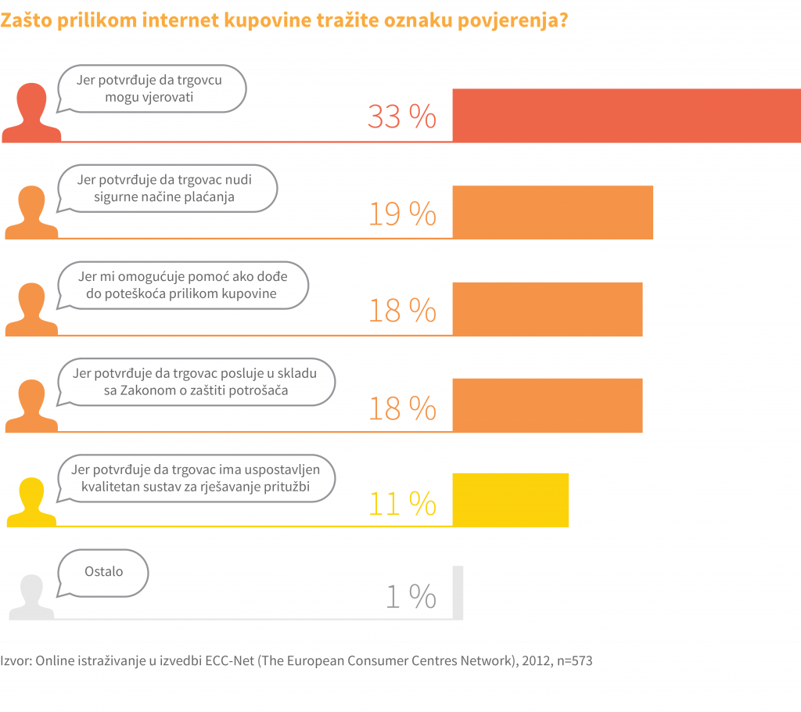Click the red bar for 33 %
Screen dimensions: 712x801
(627, 115)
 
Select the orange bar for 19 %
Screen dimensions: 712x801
(552, 212)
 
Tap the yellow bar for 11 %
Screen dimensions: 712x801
(510, 500)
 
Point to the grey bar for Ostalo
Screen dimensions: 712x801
(458, 592)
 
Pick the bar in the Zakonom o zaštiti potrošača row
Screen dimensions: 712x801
(548, 405)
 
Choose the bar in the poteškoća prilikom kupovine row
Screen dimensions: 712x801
(548, 309)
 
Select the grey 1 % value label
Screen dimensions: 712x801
(411, 598)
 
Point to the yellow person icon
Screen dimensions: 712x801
(31, 502)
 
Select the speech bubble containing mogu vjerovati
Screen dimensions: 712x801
(153, 88)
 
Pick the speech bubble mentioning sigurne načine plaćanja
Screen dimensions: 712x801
(167, 188)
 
